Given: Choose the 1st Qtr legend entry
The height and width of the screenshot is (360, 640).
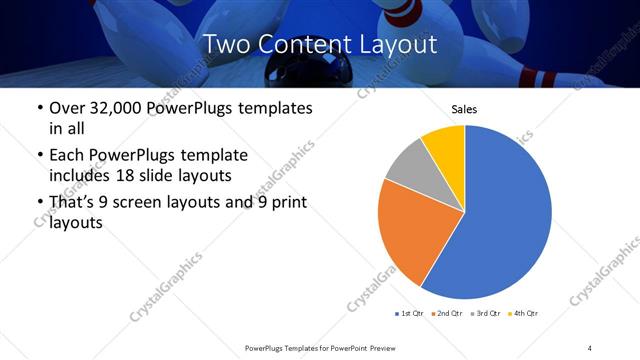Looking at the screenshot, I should (x=410, y=314).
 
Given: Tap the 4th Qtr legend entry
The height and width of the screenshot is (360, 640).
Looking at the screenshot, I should (x=523, y=314).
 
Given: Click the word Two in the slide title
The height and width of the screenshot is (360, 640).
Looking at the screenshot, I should (x=228, y=44).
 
